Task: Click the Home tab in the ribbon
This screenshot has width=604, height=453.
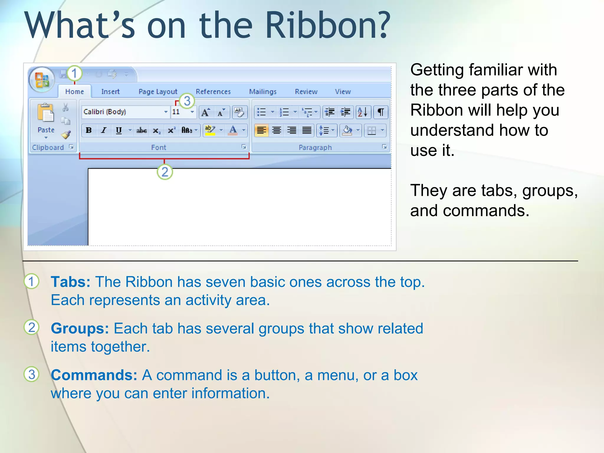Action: (74, 92)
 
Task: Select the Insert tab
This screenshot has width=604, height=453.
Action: (110, 92)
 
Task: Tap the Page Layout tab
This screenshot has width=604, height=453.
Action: (158, 92)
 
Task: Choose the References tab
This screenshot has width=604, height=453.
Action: (213, 92)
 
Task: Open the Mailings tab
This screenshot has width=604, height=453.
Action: (262, 92)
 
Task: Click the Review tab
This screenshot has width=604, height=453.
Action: (306, 92)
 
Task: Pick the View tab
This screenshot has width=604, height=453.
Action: (343, 92)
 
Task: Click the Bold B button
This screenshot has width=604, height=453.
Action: (88, 130)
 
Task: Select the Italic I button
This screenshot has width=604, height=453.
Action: (104, 130)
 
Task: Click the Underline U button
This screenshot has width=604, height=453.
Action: (119, 130)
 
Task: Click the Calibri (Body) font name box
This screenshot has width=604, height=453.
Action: (122, 112)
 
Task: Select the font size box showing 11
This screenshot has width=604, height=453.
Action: (180, 112)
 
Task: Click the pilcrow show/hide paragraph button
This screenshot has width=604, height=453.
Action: (381, 112)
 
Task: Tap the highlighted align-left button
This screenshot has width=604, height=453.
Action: (261, 130)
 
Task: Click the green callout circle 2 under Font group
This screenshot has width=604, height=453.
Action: (165, 172)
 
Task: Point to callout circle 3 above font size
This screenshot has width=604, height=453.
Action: (187, 101)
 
